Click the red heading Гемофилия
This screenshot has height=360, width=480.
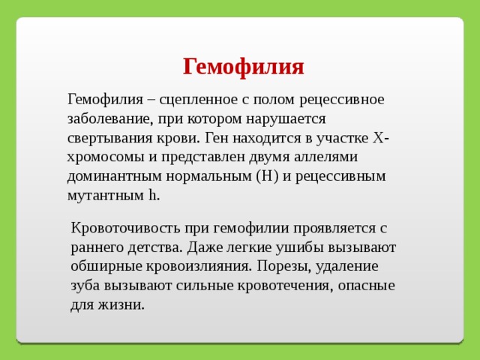click(x=243, y=67)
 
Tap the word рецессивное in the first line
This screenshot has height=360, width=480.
click(x=342, y=100)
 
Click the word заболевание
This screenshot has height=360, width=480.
click(x=110, y=119)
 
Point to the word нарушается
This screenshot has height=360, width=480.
click(x=286, y=119)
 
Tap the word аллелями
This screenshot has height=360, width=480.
click(x=325, y=157)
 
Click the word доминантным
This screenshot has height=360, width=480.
click(x=114, y=176)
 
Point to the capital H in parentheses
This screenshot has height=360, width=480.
click(x=267, y=176)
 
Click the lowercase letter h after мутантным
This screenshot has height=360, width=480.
click(x=152, y=195)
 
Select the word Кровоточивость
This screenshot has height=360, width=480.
click(x=125, y=229)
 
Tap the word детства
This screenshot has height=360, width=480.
click(x=155, y=247)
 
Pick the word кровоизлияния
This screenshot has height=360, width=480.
click(x=199, y=266)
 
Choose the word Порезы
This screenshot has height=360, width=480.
click(x=283, y=267)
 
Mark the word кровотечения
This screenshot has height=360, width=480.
click(x=285, y=286)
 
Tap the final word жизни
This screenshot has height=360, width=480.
click(x=121, y=305)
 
